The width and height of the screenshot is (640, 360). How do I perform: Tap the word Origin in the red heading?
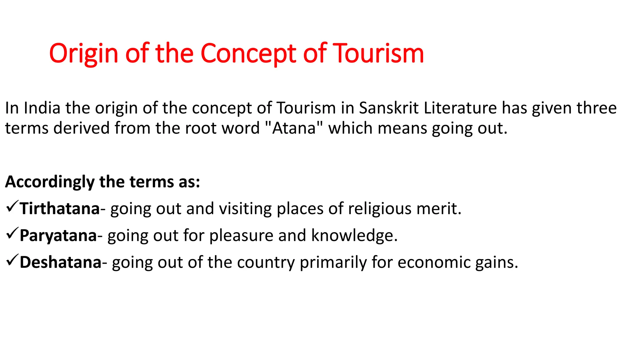tap(84, 53)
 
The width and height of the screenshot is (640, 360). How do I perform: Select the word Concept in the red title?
tap(248, 53)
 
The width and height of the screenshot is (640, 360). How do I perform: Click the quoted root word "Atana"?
tap(294, 128)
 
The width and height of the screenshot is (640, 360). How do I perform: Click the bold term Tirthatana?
tap(60, 209)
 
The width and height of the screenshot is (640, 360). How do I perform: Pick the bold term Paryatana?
tap(58, 236)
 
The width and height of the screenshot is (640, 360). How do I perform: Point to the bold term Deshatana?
tap(60, 262)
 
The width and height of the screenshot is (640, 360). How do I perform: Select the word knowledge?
tap(354, 236)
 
